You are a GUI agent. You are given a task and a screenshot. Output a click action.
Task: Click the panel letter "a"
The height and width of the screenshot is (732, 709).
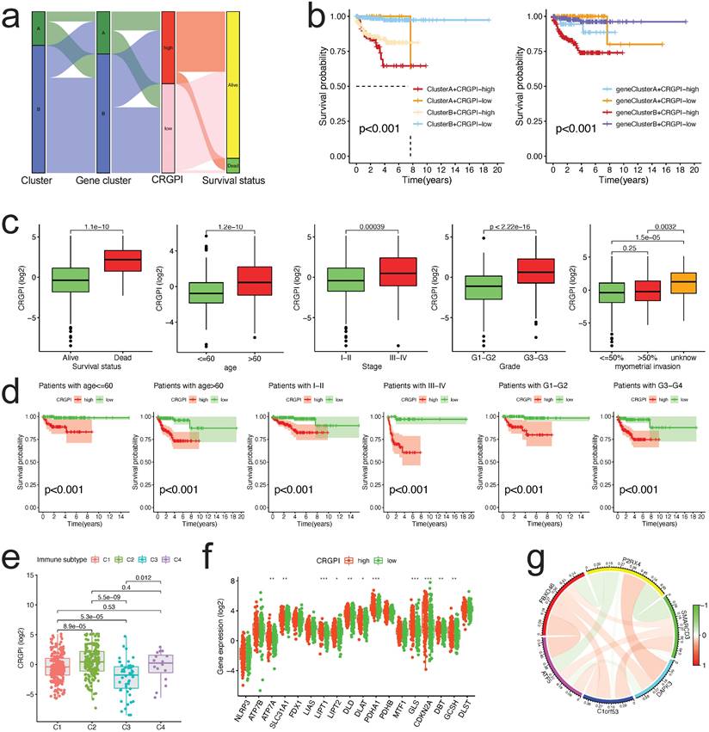point(13,18)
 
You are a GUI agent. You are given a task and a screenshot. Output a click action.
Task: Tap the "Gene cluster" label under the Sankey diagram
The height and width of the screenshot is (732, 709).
point(102,181)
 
